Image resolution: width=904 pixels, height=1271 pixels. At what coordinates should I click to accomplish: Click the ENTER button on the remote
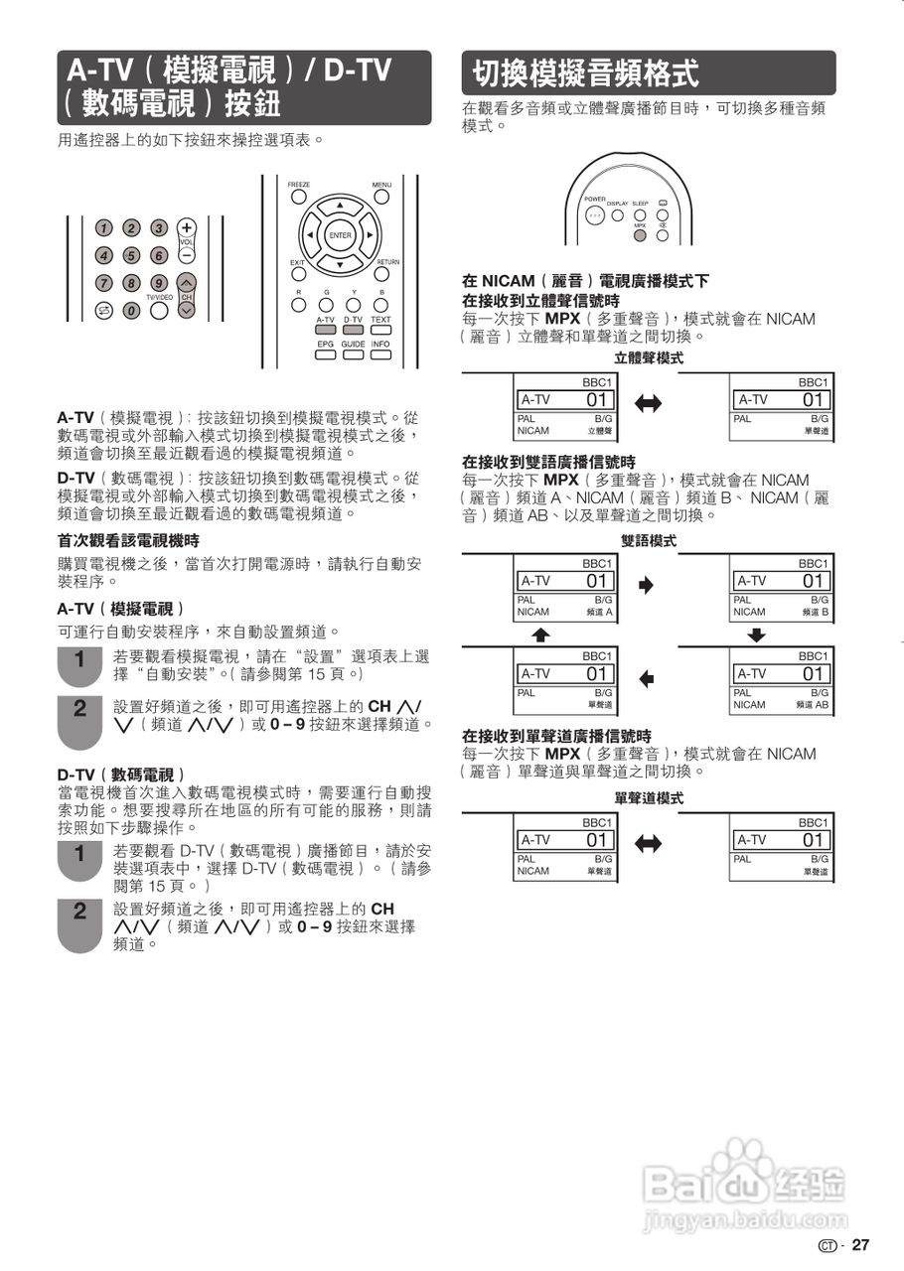(x=340, y=235)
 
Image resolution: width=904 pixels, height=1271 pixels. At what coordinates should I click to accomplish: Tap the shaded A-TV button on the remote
(x=326, y=330)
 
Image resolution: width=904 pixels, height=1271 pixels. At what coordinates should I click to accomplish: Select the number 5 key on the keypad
(x=130, y=255)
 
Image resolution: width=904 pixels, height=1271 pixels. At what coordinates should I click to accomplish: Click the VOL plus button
(x=186, y=227)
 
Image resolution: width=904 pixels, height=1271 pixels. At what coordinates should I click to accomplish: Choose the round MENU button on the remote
(x=381, y=197)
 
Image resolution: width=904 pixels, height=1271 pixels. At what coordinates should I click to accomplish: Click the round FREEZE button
(x=298, y=197)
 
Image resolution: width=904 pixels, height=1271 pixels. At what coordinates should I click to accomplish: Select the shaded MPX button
(x=640, y=236)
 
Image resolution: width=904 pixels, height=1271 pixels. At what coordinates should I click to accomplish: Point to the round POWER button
(x=594, y=214)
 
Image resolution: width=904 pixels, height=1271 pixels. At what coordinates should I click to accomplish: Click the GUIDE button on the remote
(x=353, y=354)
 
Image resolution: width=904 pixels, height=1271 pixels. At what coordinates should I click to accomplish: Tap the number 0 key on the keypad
(x=130, y=311)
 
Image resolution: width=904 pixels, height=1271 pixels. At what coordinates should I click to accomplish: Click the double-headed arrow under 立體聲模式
(x=648, y=403)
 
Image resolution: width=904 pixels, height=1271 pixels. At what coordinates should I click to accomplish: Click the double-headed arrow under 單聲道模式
(x=648, y=844)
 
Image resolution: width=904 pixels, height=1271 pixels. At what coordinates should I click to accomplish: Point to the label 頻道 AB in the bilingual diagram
(x=812, y=705)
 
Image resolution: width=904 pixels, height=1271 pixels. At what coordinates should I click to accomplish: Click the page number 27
(x=860, y=1245)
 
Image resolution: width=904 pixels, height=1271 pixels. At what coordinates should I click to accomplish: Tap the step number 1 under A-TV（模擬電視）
(x=80, y=659)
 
